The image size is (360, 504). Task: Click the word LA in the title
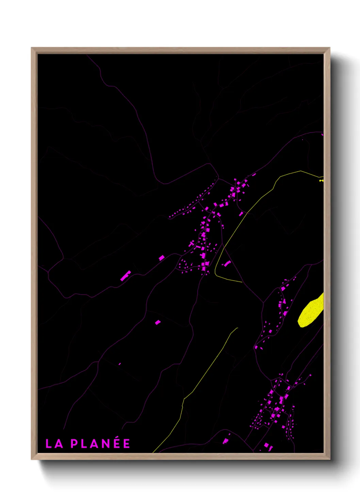click(54, 444)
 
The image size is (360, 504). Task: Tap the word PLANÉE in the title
click(100, 443)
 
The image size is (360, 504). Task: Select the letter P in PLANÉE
click(74, 444)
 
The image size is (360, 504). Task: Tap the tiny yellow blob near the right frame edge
click(321, 180)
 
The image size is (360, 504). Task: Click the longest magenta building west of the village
click(126, 275)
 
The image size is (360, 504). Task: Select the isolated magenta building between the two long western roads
click(158, 322)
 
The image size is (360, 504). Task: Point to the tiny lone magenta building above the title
click(119, 364)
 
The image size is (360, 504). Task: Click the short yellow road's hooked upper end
click(236, 329)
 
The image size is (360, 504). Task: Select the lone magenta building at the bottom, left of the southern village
click(225, 441)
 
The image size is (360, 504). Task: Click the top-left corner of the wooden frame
click(32, 48)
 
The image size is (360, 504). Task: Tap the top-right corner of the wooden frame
click(329, 48)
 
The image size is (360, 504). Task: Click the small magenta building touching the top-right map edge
click(322, 135)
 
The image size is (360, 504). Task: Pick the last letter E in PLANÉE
click(127, 444)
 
